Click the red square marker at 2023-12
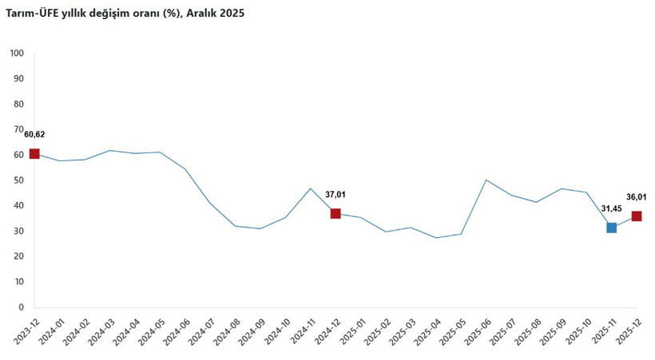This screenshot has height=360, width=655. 34,154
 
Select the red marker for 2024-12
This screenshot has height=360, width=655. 335,213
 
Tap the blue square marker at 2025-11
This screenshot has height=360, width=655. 611,227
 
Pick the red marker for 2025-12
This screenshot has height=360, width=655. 637,216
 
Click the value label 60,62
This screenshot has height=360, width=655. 34,134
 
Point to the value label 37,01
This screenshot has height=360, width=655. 335,194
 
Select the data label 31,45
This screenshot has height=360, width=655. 611,208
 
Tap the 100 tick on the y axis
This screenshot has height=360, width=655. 17,53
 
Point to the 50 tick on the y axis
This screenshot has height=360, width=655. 19,180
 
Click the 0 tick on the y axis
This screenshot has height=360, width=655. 22,307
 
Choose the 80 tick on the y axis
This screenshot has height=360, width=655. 19,105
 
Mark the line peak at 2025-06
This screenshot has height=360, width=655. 486,180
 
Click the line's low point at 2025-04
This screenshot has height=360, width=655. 435,238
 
